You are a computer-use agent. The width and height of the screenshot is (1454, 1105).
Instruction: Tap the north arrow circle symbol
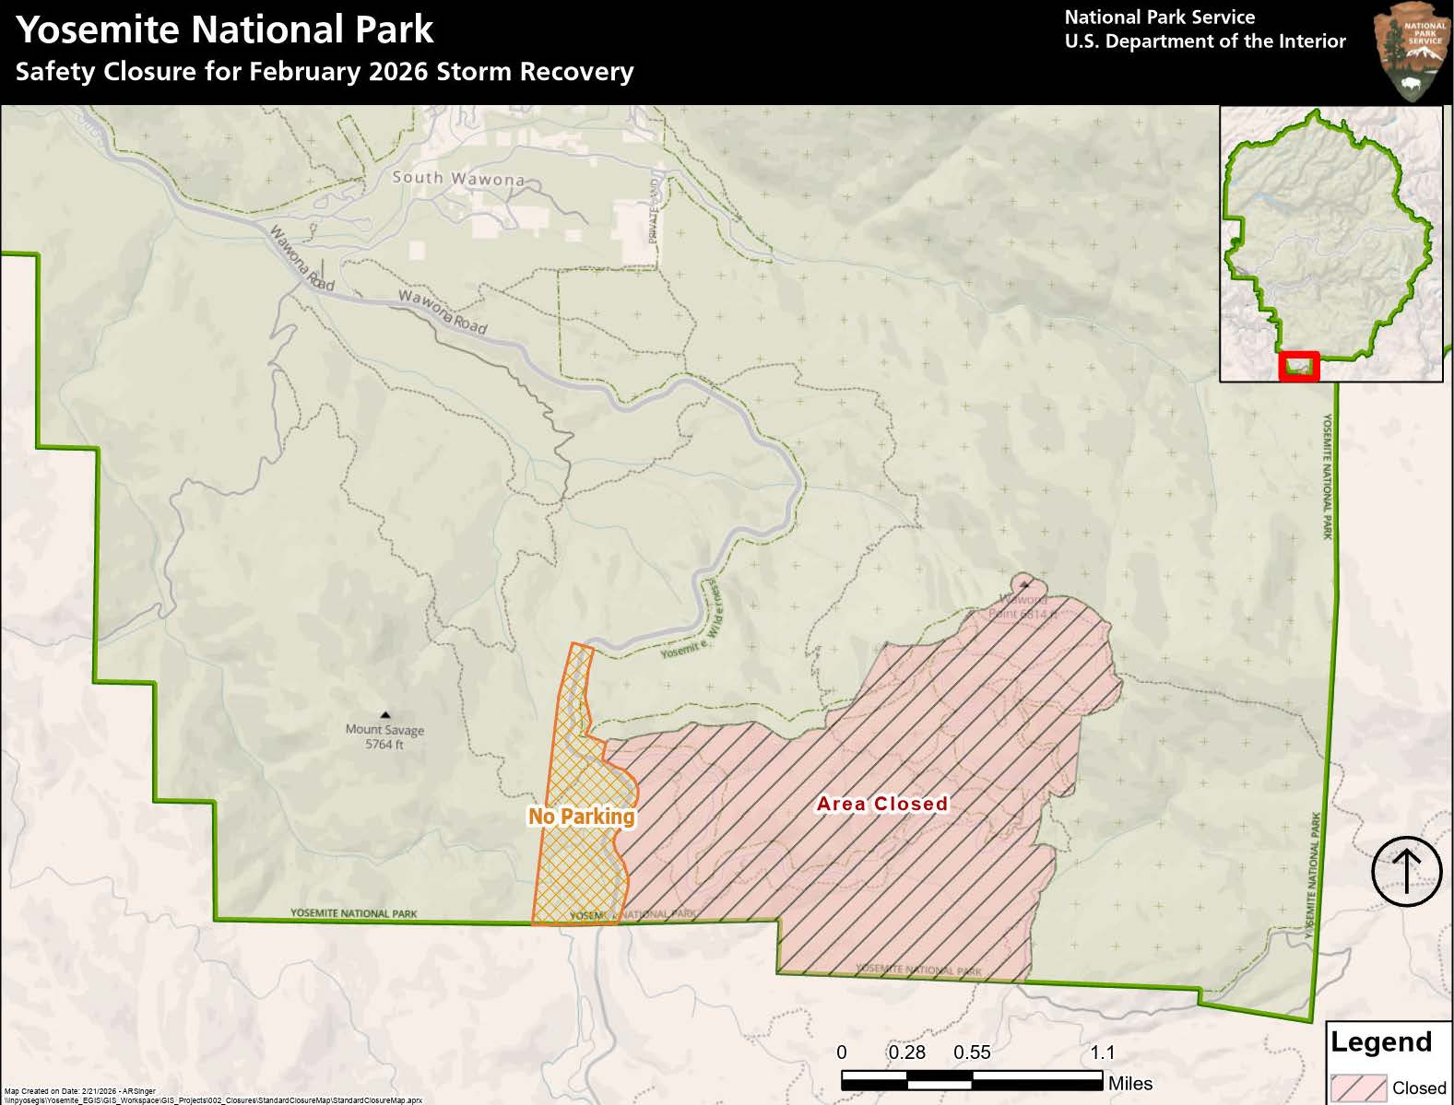click(x=1406, y=871)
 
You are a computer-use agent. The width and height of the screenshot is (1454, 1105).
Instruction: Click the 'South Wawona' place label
click(x=458, y=178)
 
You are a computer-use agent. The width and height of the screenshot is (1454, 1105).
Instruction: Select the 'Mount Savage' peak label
click(x=384, y=730)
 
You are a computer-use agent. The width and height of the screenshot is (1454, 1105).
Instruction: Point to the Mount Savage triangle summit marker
click(x=384, y=714)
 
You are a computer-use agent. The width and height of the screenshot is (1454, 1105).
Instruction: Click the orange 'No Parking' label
click(x=581, y=817)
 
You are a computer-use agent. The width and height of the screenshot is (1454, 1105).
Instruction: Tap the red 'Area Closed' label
click(x=882, y=804)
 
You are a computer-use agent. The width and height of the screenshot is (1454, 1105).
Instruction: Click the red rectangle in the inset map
click(x=1300, y=366)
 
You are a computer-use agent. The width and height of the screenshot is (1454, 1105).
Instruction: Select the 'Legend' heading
click(x=1380, y=1042)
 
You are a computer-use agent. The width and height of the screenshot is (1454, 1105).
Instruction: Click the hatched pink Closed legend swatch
click(x=1358, y=1088)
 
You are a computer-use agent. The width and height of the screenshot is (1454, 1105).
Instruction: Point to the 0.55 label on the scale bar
click(x=972, y=1052)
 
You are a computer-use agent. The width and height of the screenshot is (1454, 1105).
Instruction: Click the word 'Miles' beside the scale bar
click(x=1130, y=1084)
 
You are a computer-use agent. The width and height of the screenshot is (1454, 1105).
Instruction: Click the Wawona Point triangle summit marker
click(x=1023, y=582)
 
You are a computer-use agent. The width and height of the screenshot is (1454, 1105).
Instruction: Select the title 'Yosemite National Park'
click(x=225, y=29)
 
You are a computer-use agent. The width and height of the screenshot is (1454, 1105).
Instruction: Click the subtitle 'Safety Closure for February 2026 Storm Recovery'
click(x=325, y=72)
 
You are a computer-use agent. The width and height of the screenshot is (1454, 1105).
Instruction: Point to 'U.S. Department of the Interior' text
click(x=1204, y=41)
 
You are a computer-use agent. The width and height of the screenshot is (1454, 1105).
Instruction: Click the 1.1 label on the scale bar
click(x=1102, y=1052)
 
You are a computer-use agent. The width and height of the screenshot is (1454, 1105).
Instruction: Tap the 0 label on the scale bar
click(x=842, y=1052)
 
